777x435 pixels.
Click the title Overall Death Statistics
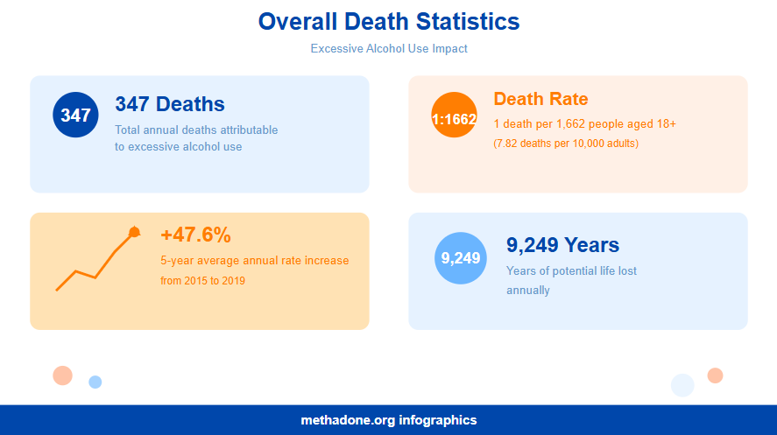389,22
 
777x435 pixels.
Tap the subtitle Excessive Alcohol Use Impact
389,49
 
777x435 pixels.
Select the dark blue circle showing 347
76,115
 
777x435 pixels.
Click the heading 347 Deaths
170,104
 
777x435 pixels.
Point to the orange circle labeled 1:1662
454,115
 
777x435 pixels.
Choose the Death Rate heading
540,99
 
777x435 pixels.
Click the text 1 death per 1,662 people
584,124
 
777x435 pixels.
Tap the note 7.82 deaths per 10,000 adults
566,143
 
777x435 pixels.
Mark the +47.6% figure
195,235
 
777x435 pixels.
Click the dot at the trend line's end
134,232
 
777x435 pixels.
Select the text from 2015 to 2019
203,281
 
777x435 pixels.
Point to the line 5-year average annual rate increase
255,261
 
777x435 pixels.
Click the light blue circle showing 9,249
460,258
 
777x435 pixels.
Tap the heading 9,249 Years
562,245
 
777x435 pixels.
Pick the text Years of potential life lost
571,271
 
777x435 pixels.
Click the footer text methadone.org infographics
389,420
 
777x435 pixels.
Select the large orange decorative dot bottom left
62,375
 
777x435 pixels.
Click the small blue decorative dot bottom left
95,382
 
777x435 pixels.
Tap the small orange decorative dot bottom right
715,375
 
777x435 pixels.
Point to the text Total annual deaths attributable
196,130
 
